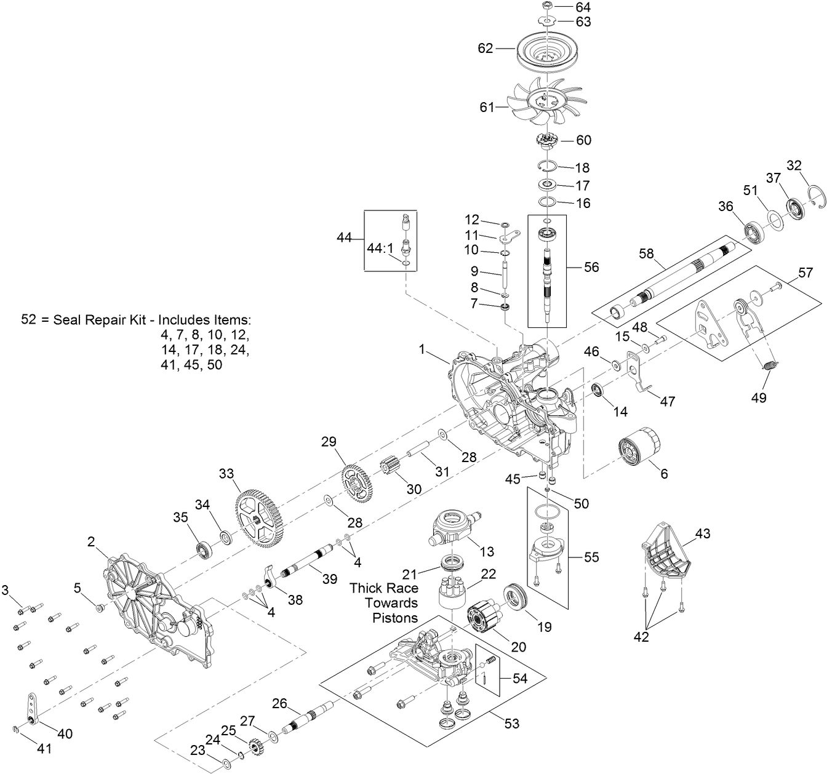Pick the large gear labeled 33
point(259,517)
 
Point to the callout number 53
point(512,724)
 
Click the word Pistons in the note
point(395,618)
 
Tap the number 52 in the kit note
point(29,320)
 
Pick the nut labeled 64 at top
point(548,6)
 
